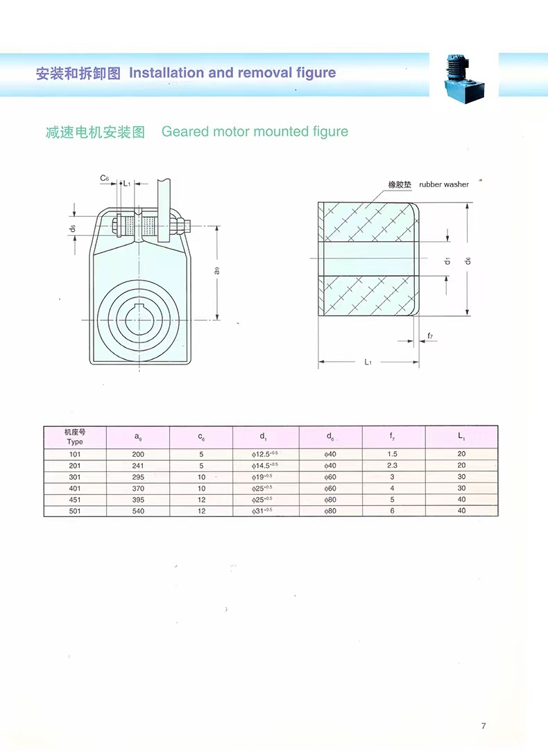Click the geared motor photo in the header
tap(464, 78)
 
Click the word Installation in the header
tap(166, 73)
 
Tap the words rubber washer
tap(444, 184)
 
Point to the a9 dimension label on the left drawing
tap(217, 271)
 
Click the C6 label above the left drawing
tap(105, 178)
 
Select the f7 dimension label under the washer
tap(430, 335)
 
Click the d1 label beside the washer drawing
tap(447, 261)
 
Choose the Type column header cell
tap(75, 437)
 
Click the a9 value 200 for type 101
tap(138, 454)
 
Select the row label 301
tap(75, 478)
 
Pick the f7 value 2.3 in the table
tap(392, 465)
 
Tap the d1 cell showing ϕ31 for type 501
tap(262, 511)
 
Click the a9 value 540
tap(138, 511)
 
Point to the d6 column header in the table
tap(330, 437)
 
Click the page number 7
tap(483, 726)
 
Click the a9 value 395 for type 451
tap(138, 500)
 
